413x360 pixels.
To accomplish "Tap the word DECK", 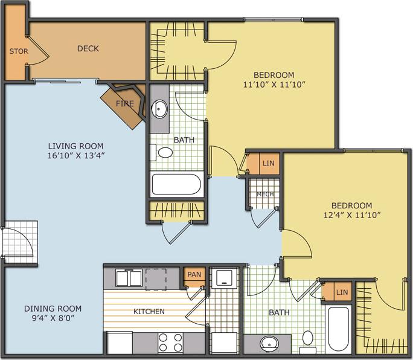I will click(88, 48).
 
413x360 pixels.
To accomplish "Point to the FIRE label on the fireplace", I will click(124, 103).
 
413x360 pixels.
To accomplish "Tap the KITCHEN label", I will click(149, 312).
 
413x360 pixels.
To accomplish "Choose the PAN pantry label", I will click(194, 275).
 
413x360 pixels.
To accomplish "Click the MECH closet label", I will click(265, 194).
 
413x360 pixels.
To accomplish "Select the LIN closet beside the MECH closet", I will click(269, 163).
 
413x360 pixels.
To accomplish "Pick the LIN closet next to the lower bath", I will click(342, 292).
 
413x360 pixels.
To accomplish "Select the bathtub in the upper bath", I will click(176, 184).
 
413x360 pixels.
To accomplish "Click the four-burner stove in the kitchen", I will click(170, 342).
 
